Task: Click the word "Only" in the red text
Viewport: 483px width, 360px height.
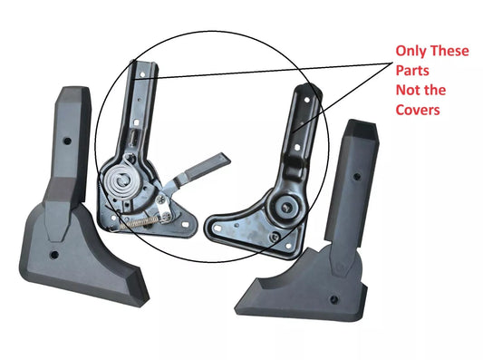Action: (411, 52)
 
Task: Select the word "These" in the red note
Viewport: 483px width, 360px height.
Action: (449, 52)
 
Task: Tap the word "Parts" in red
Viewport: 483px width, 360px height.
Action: (412, 72)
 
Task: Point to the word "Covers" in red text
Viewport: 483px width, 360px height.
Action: (418, 111)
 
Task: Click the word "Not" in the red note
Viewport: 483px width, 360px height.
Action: (408, 92)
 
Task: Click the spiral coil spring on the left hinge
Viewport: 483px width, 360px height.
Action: (123, 184)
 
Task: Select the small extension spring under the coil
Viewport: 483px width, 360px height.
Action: (136, 220)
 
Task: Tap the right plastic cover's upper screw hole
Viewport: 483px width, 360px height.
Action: (356, 177)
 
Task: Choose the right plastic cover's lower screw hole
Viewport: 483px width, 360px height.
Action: (335, 296)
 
